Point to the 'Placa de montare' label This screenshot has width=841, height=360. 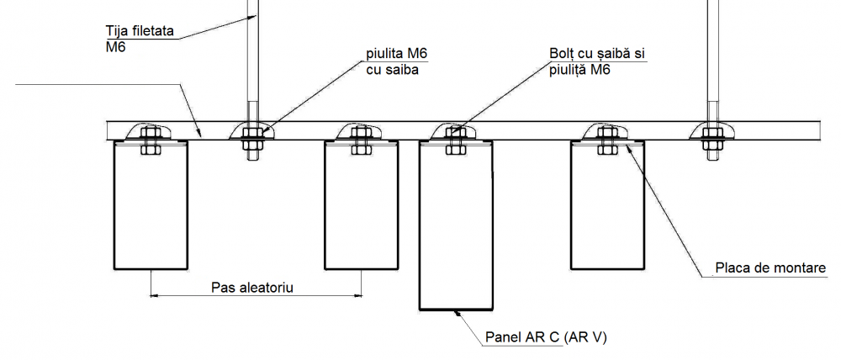tap(770, 269)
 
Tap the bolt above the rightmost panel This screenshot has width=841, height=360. tap(606, 139)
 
